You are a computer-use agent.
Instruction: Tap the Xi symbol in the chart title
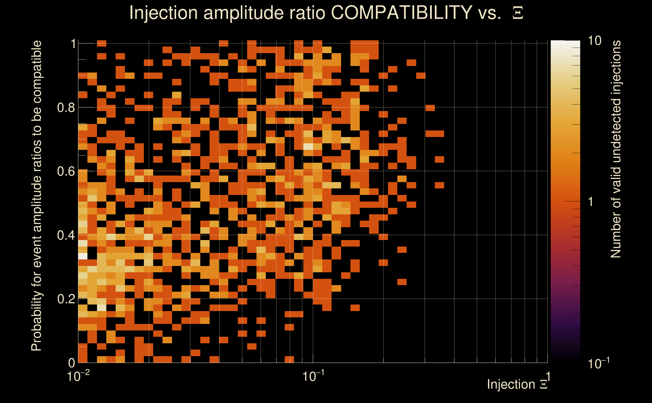(x=518, y=13)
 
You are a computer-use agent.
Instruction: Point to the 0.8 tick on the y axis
(x=66, y=108)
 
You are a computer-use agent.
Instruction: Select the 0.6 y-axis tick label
(x=66, y=171)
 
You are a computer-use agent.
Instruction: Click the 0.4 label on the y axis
(x=66, y=235)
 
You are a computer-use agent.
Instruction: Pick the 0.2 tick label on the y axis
(x=66, y=299)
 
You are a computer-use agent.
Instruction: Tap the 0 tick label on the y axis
(x=72, y=363)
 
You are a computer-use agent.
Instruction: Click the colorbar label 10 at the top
(x=594, y=41)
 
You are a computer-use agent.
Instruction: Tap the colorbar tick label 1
(x=591, y=202)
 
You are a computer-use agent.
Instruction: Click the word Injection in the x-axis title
(x=511, y=384)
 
